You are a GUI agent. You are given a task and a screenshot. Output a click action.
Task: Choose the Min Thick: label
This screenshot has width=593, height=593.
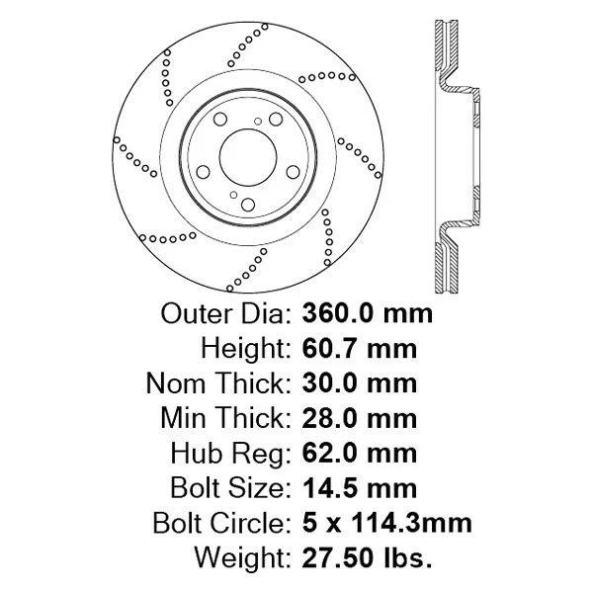223,418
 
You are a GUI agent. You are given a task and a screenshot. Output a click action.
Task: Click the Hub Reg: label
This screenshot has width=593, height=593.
228,453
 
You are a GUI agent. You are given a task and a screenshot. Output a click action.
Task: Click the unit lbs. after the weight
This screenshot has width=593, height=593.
406,557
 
